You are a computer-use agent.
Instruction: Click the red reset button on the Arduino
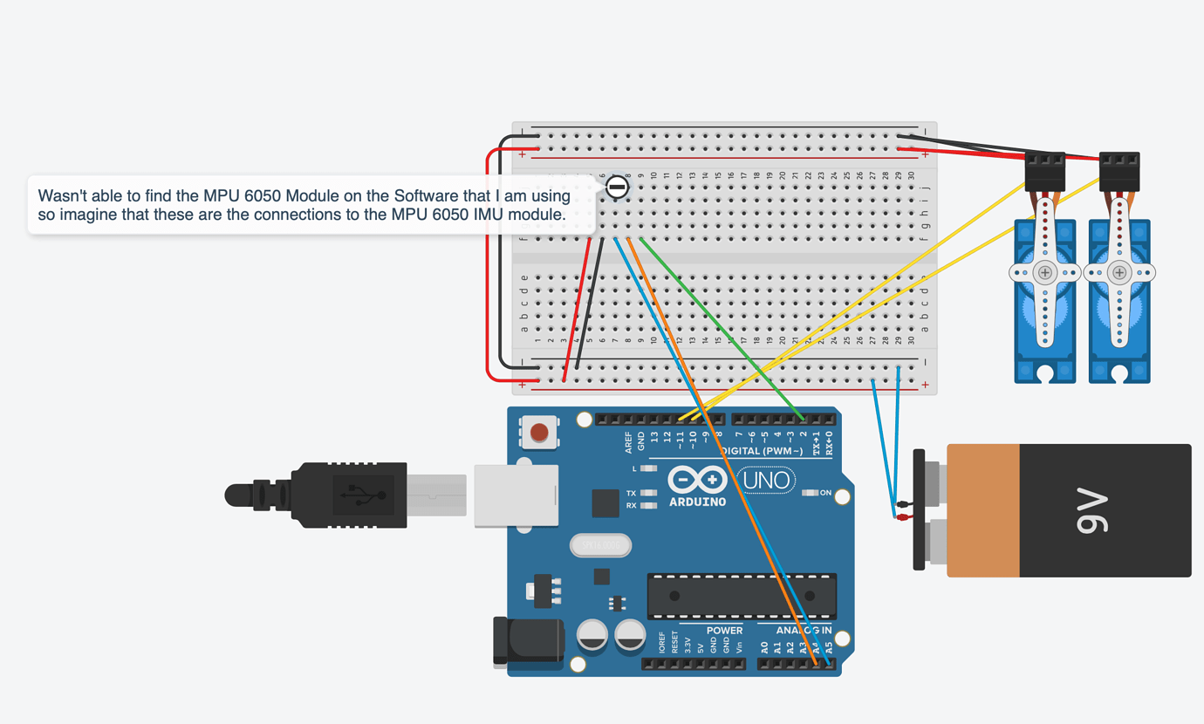(x=539, y=433)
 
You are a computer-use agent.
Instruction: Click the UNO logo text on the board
(x=767, y=480)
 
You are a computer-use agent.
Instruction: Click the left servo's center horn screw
(x=1044, y=273)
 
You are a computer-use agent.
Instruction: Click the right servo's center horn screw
(x=1119, y=273)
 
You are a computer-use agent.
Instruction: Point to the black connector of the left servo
(x=1044, y=171)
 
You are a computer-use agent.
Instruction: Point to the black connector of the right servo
(x=1118, y=171)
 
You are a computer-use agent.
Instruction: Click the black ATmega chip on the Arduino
(x=742, y=597)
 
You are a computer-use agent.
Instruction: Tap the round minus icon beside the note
(x=617, y=186)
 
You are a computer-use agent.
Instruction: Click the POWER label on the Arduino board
(x=724, y=630)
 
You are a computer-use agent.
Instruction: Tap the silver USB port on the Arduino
(x=516, y=495)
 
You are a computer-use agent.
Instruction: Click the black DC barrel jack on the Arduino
(x=525, y=641)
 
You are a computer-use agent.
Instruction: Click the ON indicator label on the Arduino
(x=825, y=493)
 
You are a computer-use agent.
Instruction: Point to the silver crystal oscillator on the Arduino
(x=600, y=546)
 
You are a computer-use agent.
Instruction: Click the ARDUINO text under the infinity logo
(x=697, y=502)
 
